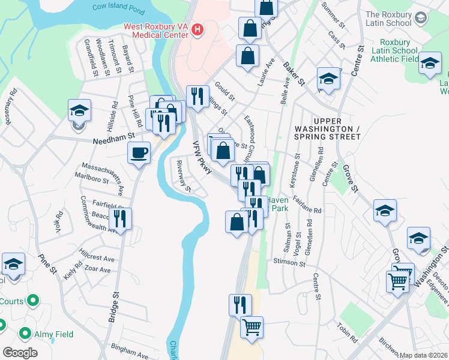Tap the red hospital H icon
point(197,29)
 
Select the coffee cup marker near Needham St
point(139,154)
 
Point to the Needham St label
point(112,142)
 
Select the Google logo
point(20,353)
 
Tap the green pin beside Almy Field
point(25,332)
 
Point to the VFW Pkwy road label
point(202,158)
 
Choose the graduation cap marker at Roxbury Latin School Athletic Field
point(430,63)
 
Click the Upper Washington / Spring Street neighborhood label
point(327,133)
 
